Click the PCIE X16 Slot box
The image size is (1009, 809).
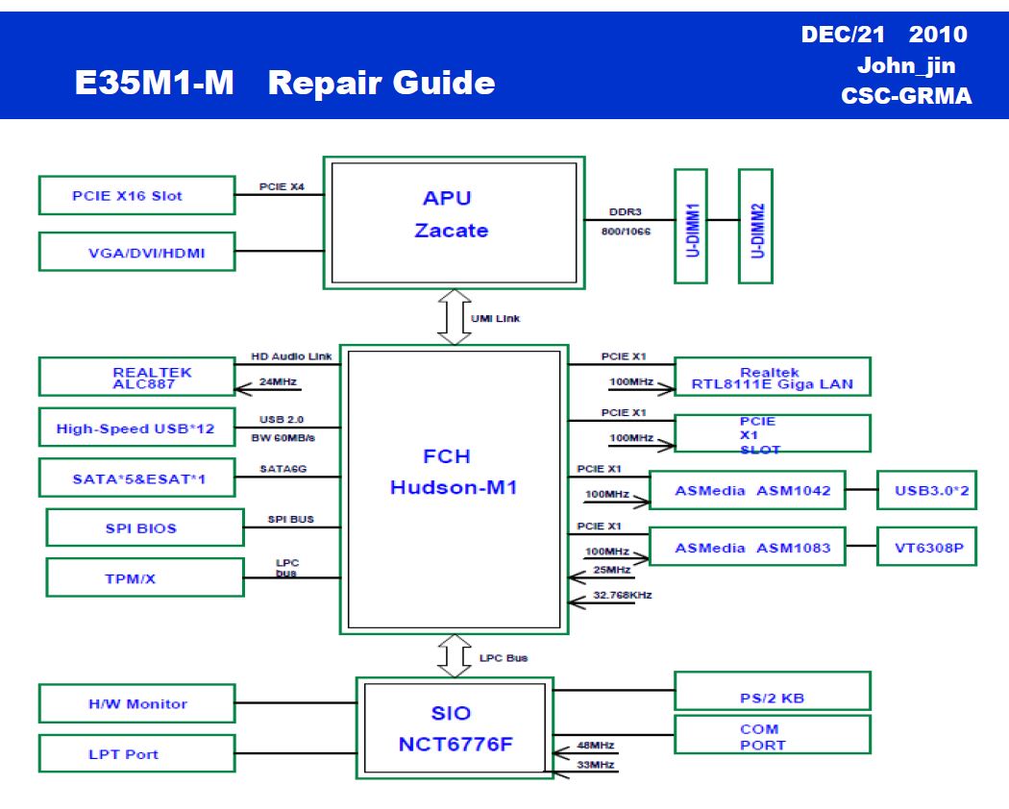click(137, 195)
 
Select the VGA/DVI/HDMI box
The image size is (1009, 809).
click(137, 252)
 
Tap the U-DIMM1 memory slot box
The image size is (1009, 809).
click(691, 227)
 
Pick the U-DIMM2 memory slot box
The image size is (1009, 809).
click(755, 227)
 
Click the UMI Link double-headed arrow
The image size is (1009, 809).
click(455, 317)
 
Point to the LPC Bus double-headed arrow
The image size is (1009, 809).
click(455, 656)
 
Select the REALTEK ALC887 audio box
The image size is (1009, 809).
click(137, 377)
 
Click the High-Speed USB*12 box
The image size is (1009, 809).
click(137, 428)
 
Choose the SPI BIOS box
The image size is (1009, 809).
click(145, 527)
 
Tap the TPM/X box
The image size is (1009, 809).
click(145, 578)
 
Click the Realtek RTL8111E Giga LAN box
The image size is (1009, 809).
click(773, 377)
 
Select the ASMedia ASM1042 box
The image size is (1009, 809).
click(748, 490)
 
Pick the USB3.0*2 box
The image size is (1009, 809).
click(927, 490)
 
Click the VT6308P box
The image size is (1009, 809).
click(927, 547)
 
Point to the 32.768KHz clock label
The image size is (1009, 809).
click(623, 595)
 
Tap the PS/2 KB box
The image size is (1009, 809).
click(773, 691)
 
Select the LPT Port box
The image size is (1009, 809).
click(137, 753)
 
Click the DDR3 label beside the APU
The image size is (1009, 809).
click(626, 211)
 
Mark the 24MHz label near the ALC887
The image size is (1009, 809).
click(278, 381)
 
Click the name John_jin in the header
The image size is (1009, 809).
click(906, 65)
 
